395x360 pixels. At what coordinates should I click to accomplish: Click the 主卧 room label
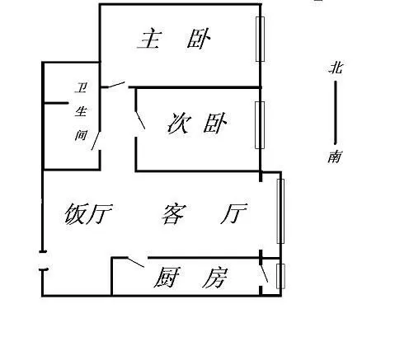[x=174, y=39]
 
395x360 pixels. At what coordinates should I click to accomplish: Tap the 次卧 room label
[x=197, y=124]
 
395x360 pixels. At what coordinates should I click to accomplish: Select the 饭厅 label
[x=88, y=213]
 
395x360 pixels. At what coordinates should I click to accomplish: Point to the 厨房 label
[x=190, y=278]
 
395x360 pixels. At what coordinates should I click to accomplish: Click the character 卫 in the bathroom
[x=81, y=87]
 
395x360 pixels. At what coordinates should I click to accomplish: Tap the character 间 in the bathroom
[x=81, y=135]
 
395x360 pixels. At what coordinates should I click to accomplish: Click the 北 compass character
[x=336, y=68]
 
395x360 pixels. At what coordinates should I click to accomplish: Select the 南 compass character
[x=335, y=157]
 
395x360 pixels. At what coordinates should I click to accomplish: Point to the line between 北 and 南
[x=336, y=113]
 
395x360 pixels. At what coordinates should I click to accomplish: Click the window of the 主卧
[x=260, y=39]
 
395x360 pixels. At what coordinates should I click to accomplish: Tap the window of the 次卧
[x=260, y=125]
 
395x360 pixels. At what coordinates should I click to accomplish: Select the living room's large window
[x=280, y=211]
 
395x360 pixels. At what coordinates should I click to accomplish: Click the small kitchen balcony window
[x=280, y=276]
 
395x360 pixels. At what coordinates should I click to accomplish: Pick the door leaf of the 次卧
[x=140, y=120]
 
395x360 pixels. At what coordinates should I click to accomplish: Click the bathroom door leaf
[x=95, y=141]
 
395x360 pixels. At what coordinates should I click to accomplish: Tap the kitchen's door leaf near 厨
[x=135, y=262]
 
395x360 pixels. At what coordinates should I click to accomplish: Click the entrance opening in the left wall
[x=43, y=260]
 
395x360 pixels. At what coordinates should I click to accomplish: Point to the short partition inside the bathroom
[x=56, y=103]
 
